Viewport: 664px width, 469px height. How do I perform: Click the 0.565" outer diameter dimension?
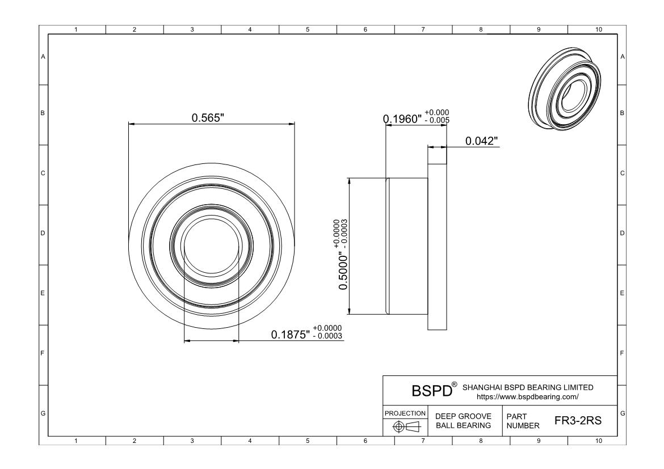[208, 117]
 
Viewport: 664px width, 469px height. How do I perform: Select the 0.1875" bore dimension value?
[291, 335]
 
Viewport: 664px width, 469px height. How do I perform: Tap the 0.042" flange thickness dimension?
[481, 141]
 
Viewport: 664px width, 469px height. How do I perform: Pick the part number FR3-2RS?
[578, 420]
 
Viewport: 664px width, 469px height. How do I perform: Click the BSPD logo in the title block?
[432, 391]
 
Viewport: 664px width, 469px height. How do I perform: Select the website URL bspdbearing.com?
[527, 397]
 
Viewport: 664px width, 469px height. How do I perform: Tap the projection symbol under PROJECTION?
[406, 426]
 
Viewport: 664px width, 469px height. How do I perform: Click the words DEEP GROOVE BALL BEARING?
[463, 421]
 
